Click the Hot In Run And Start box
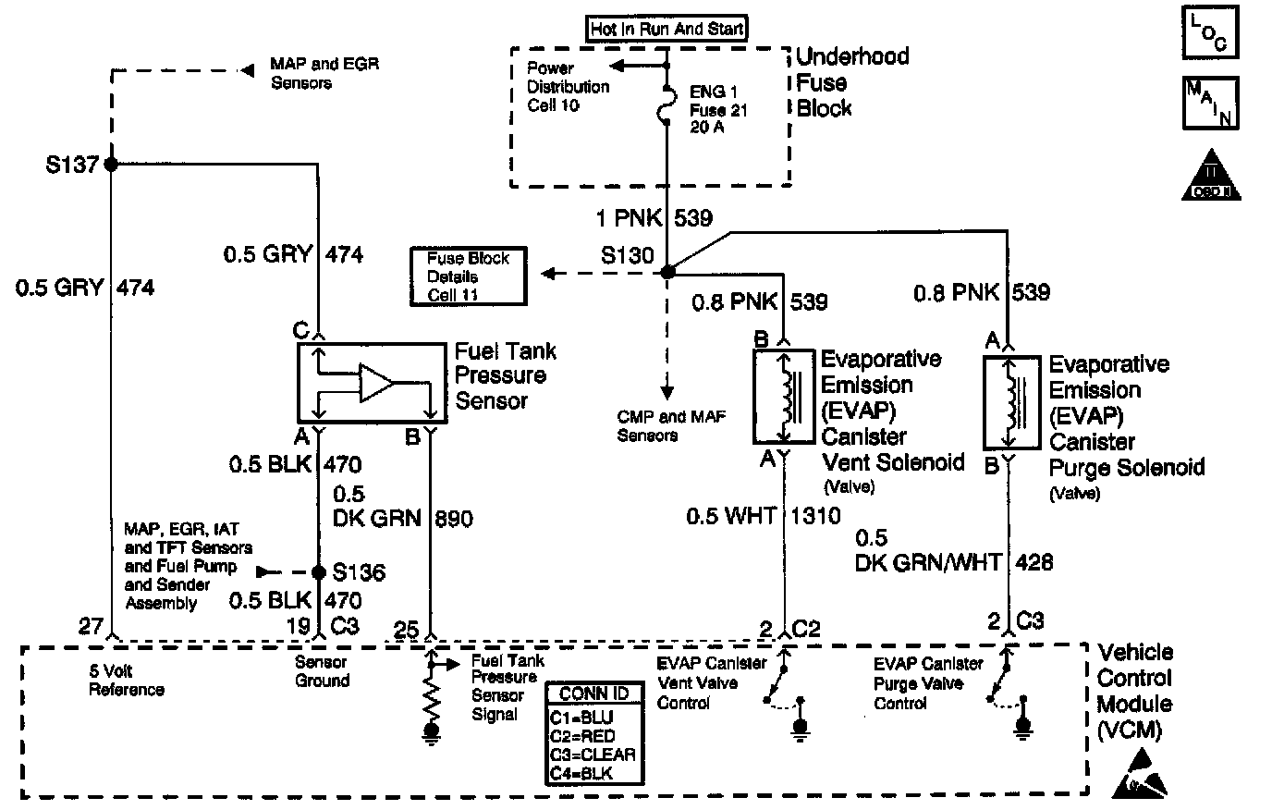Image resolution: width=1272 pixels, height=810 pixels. tap(667, 29)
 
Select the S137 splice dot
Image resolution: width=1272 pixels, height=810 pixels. tap(111, 165)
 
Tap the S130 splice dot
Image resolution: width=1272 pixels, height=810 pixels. tap(667, 272)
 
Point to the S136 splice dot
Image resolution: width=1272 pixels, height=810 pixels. tap(319, 572)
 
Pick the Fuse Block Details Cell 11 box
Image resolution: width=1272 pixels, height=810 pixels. tap(468, 276)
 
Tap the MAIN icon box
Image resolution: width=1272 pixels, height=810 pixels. tap(1209, 103)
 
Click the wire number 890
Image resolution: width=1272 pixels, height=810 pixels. tap(453, 519)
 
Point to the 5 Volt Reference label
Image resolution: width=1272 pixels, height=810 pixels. tap(127, 681)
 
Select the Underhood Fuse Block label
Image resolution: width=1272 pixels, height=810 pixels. tap(850, 81)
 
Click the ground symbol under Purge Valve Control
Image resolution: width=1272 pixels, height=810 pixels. tap(1021, 729)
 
